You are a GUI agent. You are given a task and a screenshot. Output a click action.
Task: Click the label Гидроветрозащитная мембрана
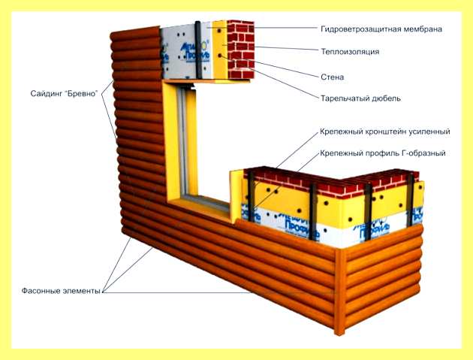(381, 29)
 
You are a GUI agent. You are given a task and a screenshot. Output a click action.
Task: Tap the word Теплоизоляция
(350, 52)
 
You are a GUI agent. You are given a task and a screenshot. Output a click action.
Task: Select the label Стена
(332, 77)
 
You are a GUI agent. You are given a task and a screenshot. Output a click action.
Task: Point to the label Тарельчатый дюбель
(360, 98)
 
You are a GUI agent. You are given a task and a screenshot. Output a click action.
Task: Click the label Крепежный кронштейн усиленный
(385, 132)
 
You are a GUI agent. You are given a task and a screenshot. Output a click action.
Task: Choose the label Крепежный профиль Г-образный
(382, 153)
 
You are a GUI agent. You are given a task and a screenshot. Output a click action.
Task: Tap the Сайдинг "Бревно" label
(65, 94)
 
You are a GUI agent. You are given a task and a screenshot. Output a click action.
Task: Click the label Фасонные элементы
(61, 291)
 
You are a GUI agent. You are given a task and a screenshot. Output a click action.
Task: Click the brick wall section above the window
(241, 50)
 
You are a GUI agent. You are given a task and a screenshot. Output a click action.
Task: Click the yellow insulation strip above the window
(220, 50)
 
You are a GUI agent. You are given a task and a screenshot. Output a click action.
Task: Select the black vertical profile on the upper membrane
(198, 49)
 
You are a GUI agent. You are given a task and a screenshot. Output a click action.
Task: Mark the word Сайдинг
(47, 94)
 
